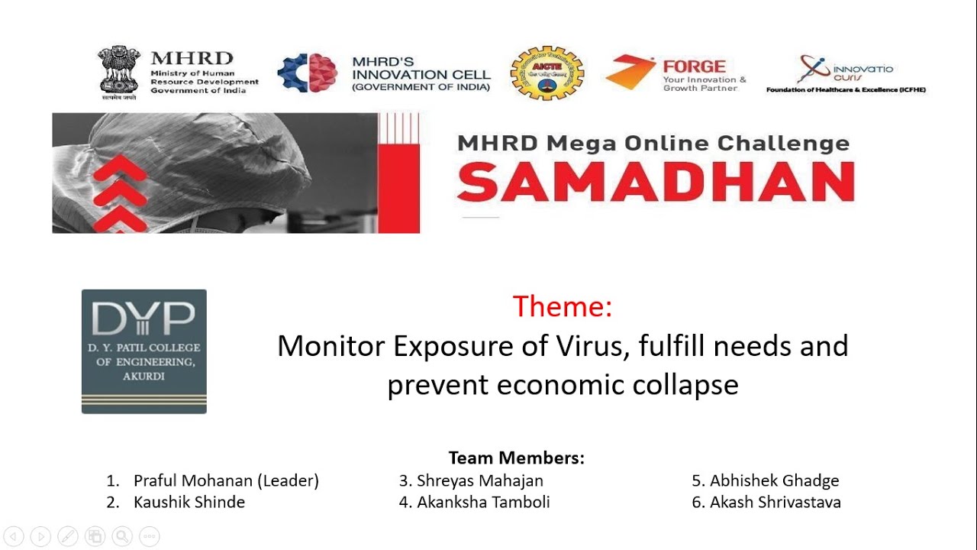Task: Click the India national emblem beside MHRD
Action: click(119, 70)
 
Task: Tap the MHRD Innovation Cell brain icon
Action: click(308, 73)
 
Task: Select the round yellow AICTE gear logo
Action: click(547, 73)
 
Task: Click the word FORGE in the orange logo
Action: click(694, 66)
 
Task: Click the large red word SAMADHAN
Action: click(655, 182)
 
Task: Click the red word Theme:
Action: click(563, 306)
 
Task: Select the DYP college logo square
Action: click(144, 351)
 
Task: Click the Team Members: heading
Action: click(516, 458)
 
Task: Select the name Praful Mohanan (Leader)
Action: click(226, 480)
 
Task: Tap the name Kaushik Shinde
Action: click(189, 502)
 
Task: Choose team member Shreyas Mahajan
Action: click(479, 480)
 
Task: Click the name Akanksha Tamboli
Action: click(482, 502)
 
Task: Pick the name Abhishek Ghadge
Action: click(774, 480)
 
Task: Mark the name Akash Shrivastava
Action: click(775, 502)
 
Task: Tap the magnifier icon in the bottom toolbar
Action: click(122, 536)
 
